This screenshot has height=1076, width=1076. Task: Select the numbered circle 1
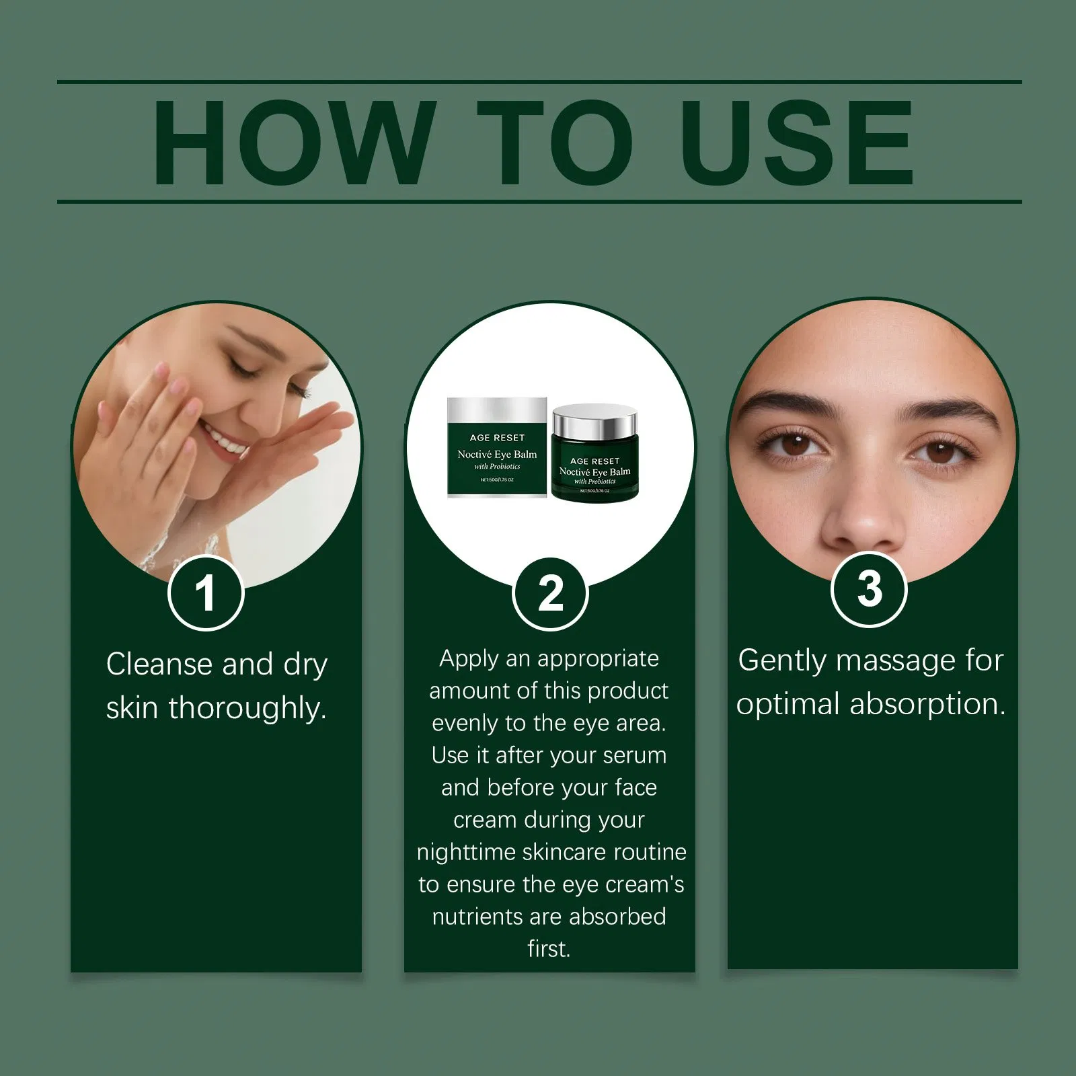205,592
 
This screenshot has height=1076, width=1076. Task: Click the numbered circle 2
550,594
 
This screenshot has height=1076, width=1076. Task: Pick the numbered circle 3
869,589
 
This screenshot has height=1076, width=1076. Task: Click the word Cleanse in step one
159,664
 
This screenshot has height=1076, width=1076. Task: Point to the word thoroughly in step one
247,708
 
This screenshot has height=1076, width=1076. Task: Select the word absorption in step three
928,705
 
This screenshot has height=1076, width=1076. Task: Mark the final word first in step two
549,949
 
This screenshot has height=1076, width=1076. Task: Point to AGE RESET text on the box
497,438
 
